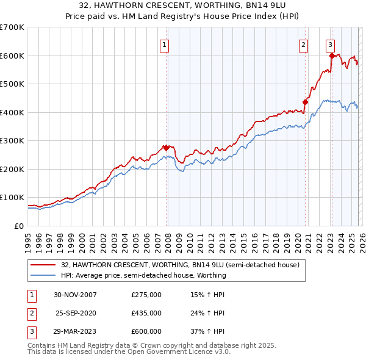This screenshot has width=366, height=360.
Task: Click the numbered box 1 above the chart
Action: pos(165,44)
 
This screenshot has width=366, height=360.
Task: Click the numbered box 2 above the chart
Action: pos(303,44)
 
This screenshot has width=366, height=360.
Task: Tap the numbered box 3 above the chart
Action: pos(330,44)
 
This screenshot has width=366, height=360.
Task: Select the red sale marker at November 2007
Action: pos(166,148)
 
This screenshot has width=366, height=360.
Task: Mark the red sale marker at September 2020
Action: pos(305,103)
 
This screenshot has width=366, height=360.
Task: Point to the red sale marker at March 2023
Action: pos(332,56)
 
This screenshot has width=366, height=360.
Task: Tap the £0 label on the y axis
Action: pos(18,226)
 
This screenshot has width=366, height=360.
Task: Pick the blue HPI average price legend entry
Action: pos(143,275)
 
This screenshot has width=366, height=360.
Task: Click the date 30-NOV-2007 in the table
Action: pos(76,295)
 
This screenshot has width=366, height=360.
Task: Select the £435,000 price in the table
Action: pos(146,313)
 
